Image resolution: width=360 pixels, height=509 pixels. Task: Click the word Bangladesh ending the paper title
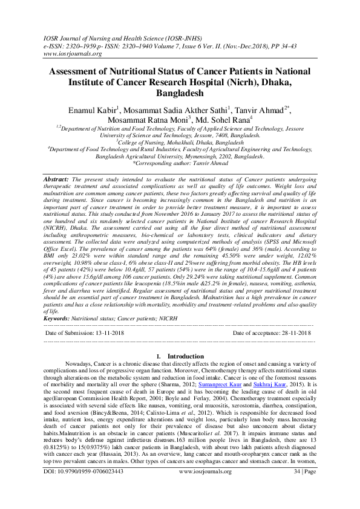(180, 94)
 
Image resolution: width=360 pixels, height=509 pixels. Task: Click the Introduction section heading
(185, 356)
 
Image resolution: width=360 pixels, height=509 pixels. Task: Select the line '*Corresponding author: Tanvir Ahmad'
(180, 163)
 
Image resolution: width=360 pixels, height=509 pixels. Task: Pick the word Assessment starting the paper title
(73, 71)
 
